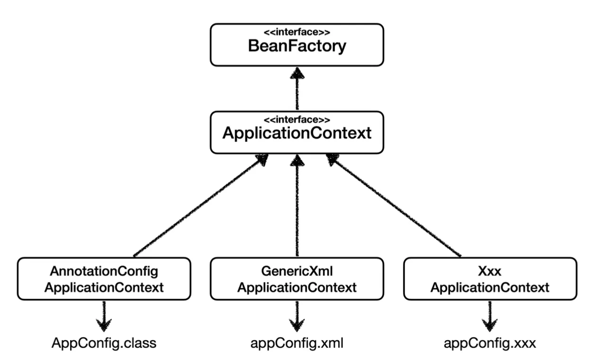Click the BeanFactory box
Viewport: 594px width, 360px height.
click(297, 45)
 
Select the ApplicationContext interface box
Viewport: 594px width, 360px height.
click(297, 132)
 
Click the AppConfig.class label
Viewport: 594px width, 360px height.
click(104, 343)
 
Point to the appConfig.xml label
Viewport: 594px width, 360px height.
click(297, 343)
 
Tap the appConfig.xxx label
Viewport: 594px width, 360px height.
click(490, 343)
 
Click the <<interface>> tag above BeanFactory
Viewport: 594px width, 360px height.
click(297, 33)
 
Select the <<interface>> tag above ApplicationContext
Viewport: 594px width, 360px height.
click(297, 120)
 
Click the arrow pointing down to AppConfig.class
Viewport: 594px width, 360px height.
click(103, 315)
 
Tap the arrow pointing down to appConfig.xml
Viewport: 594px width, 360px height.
click(297, 315)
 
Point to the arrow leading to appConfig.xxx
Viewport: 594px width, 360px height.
click(490, 315)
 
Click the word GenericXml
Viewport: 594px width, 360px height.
click(297, 271)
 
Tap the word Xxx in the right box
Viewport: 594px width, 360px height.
click(490, 271)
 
